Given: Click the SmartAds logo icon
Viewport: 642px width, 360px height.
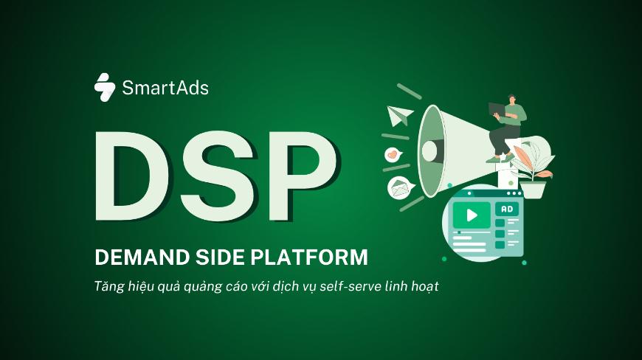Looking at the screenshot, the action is tap(105, 87).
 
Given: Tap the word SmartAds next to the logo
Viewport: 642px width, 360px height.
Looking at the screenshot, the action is tap(165, 88).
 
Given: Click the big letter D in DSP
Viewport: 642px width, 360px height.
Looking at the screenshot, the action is tap(132, 176).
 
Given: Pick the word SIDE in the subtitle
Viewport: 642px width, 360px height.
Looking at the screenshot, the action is tap(219, 257).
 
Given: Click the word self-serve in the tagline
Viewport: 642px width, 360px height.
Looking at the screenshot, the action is tap(351, 286).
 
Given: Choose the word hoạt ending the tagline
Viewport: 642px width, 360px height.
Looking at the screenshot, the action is tap(423, 286).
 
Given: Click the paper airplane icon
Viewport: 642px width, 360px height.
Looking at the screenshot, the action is tap(399, 115).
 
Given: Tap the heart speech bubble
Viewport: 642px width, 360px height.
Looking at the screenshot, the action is tap(393, 154).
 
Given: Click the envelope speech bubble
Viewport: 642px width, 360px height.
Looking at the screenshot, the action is tap(401, 188).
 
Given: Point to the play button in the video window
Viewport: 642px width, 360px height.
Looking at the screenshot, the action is tap(472, 215).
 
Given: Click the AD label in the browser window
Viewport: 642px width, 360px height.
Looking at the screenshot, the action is tap(507, 209).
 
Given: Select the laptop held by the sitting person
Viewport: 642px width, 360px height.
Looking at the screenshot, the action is tap(497, 109).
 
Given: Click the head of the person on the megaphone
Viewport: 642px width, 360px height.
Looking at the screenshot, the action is tap(512, 99).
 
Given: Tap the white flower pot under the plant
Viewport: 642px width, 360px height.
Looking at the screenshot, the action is tap(532, 190).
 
